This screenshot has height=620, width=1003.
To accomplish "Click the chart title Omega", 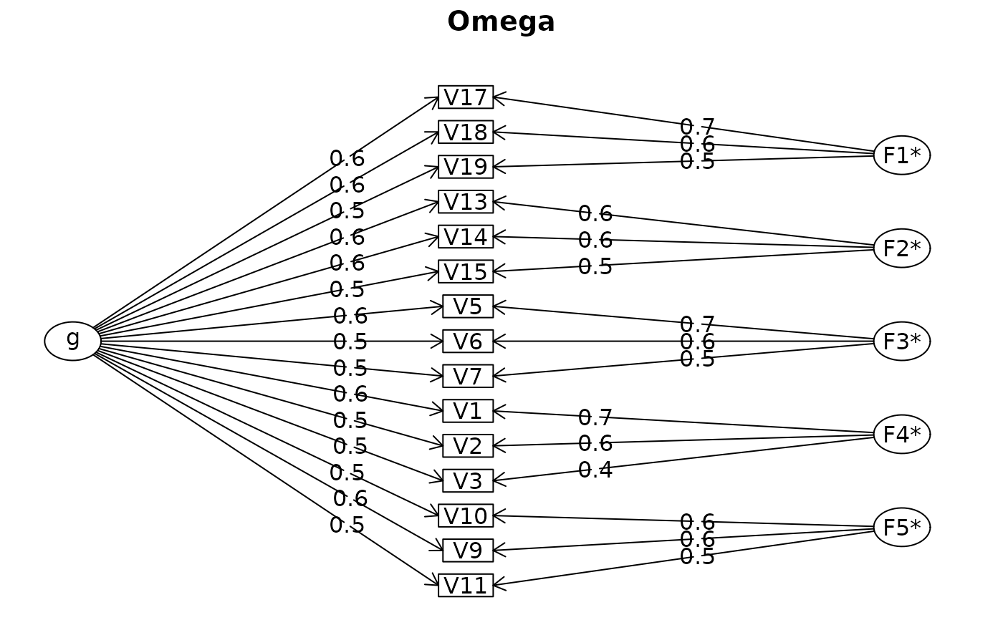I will tap(501, 22).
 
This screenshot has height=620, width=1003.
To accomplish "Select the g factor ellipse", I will tap(72, 341).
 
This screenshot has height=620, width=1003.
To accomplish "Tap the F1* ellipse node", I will tap(901, 155).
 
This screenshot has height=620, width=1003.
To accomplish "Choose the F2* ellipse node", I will tap(901, 248).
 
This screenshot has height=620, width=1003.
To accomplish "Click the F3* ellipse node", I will tap(901, 342).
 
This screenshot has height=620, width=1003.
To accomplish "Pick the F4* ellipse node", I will tap(901, 435).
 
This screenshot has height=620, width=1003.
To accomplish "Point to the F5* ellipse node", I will tap(901, 528).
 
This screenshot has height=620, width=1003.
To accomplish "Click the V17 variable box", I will tap(466, 97).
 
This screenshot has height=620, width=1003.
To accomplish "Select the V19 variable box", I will tap(466, 167).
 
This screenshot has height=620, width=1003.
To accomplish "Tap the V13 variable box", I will tap(466, 202).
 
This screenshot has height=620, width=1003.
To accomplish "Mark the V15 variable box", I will tap(466, 271).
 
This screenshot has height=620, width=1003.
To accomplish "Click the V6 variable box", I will tap(468, 342).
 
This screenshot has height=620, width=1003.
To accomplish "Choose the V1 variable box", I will tap(468, 411).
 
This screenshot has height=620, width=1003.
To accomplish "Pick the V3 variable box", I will tap(468, 481).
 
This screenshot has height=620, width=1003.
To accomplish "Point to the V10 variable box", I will tap(466, 515).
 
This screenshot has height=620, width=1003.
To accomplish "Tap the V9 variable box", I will tap(468, 551).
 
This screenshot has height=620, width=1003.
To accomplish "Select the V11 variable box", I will tap(466, 586).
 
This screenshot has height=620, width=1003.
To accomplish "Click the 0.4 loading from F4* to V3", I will tap(595, 470).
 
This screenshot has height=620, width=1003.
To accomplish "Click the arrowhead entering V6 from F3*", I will tap(499, 342).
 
